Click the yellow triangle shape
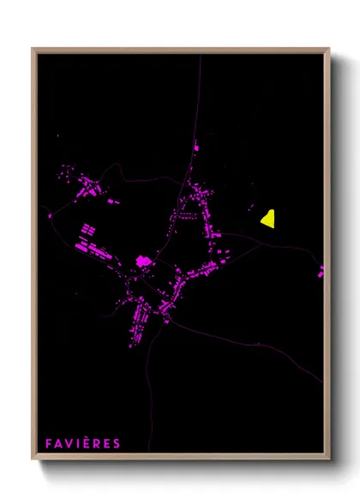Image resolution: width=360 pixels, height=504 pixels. [x=268, y=219]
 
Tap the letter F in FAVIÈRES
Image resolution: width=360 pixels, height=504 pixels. [x=49, y=444]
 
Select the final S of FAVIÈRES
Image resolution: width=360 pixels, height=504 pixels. [x=117, y=444]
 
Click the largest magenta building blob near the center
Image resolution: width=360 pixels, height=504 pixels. [x=142, y=261]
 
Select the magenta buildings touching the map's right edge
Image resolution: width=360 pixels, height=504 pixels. [x=321, y=272]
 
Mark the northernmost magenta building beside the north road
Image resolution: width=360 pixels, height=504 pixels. [x=196, y=147]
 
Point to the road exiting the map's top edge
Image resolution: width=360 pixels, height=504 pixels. [x=200, y=58]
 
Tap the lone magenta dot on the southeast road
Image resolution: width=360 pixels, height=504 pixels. [x=256, y=344]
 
